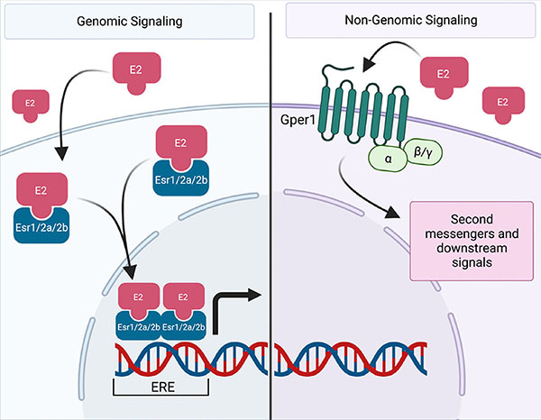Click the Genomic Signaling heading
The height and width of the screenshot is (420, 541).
(x=135, y=22)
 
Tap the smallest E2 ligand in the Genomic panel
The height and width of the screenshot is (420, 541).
(x=29, y=104)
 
